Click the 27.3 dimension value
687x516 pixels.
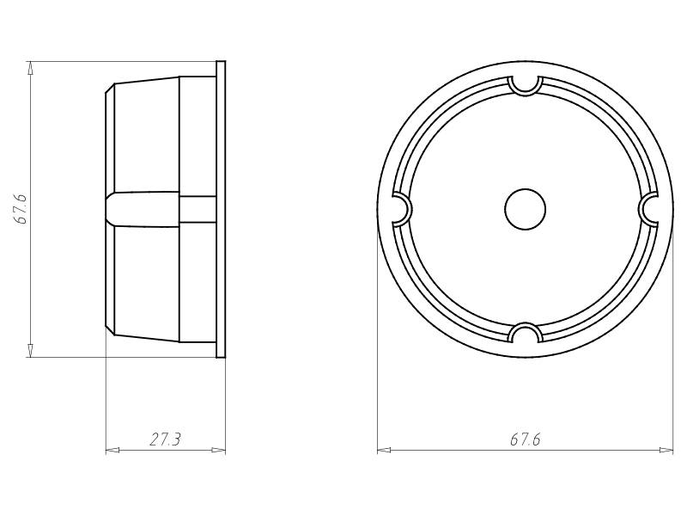165,439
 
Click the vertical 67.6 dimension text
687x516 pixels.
22,209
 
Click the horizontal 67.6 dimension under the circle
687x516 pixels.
525,439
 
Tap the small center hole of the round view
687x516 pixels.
525,209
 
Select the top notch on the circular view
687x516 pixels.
525,83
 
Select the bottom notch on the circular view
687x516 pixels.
525,334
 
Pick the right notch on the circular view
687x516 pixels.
650,209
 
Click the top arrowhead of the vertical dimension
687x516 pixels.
31,67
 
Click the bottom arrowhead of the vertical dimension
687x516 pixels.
31,350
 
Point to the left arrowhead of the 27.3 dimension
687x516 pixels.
111,450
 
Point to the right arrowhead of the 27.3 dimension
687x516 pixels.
220,450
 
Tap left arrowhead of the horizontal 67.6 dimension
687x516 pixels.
383,450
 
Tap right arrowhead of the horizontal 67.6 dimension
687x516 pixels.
667,450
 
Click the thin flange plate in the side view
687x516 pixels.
221,209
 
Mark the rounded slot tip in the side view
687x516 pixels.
111,209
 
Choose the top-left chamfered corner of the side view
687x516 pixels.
110,89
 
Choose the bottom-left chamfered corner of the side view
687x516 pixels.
110,329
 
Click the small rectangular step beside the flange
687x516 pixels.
198,209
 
